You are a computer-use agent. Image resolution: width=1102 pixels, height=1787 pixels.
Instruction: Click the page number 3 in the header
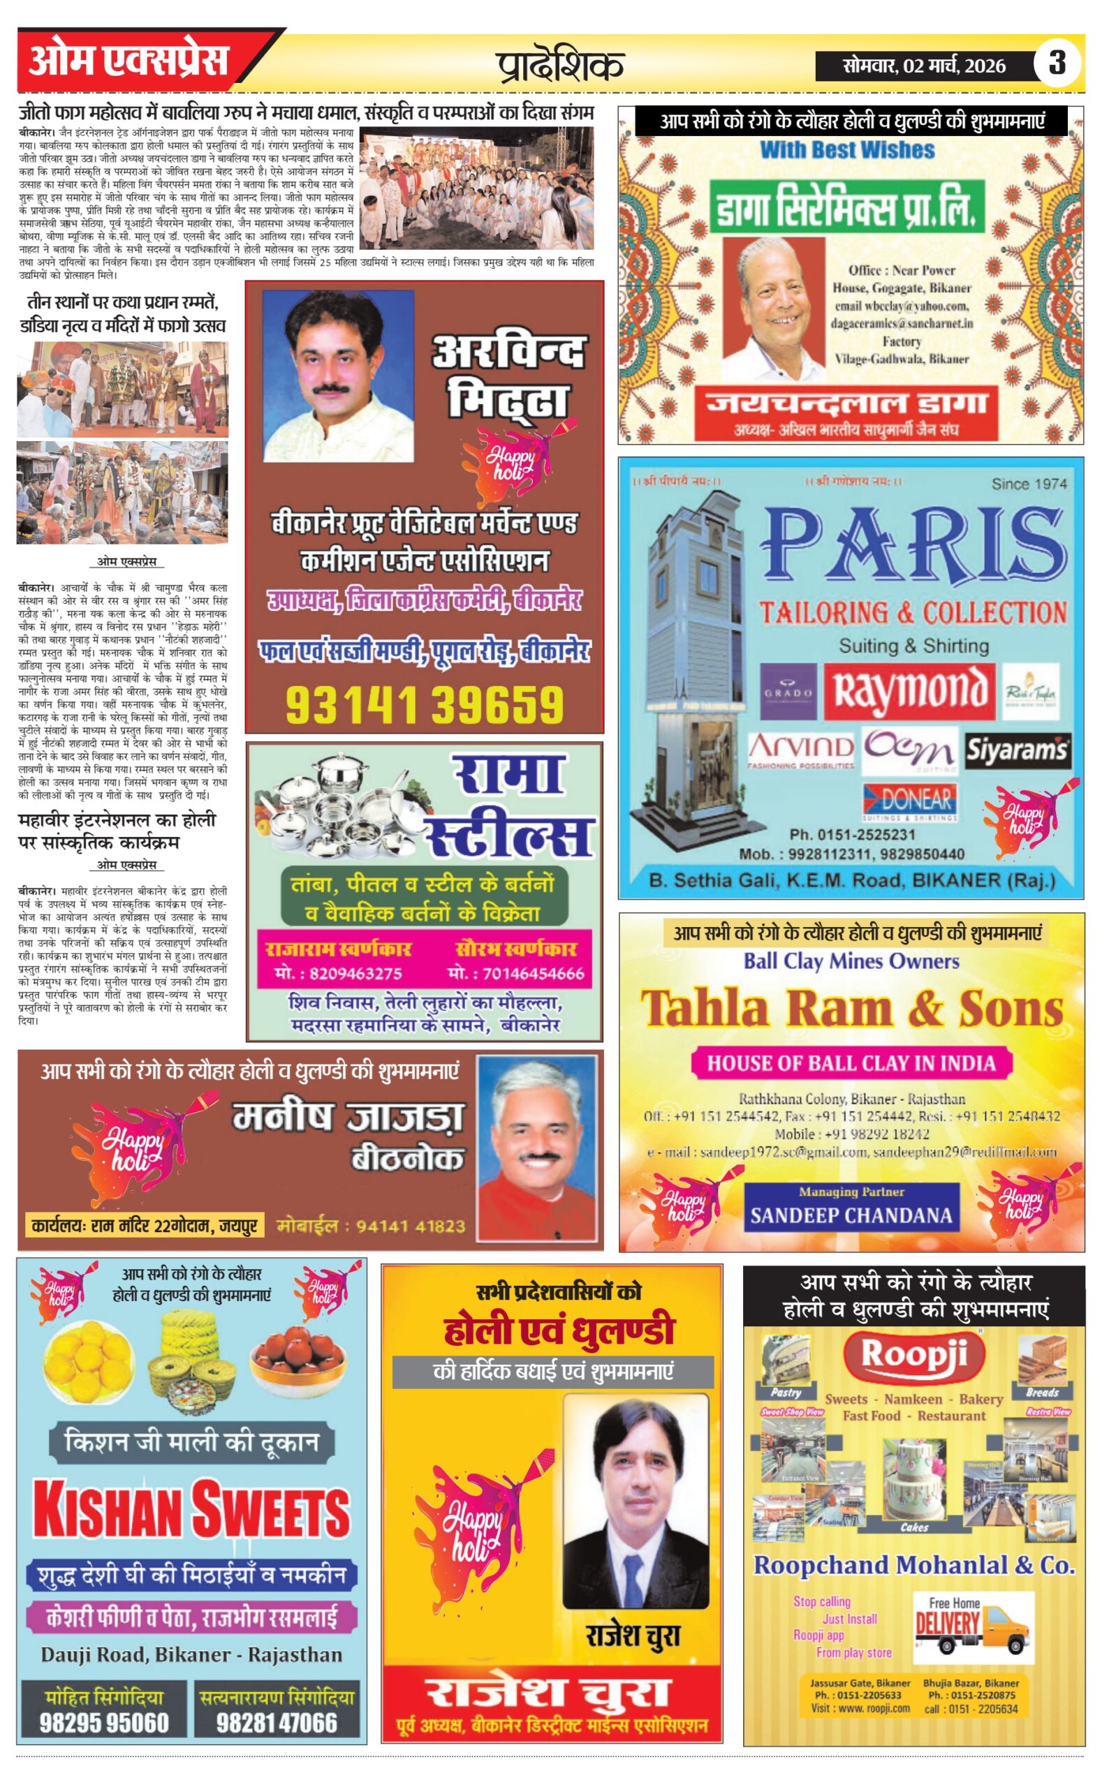point(1056,64)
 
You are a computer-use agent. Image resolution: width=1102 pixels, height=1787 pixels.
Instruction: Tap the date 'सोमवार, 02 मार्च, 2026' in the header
point(923,66)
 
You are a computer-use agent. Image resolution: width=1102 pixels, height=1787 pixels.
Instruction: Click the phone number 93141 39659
point(424,704)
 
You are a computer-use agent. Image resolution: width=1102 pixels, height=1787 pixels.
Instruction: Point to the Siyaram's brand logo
point(1017,750)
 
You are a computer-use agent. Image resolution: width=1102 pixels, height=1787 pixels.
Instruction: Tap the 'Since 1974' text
point(1029,483)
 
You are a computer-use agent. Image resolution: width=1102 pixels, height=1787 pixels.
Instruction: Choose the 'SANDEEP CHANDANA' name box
point(851,1215)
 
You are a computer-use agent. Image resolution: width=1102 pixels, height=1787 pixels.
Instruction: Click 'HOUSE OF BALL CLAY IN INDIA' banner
point(851,1063)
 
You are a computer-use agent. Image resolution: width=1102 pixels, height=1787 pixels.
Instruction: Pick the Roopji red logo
point(914,1354)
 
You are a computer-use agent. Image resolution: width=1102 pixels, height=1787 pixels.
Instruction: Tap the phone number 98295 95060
point(103,1723)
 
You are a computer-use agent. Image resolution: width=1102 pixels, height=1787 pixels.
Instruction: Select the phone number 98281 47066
point(277,1723)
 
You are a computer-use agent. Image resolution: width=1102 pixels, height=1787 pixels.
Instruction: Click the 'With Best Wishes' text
point(847,150)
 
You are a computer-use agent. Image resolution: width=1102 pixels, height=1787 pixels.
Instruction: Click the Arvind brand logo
point(800,749)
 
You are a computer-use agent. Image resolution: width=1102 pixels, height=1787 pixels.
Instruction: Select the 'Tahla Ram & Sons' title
point(851,1009)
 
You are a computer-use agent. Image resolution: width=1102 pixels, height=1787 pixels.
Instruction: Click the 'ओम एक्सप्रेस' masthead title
point(128,61)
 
